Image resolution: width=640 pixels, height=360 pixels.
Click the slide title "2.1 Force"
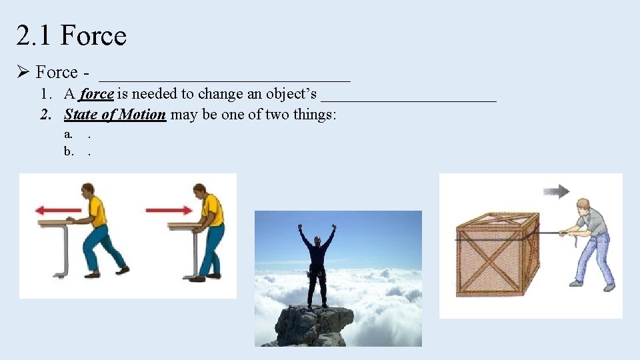coord(71,35)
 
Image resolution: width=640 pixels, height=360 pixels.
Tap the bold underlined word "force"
coord(97,94)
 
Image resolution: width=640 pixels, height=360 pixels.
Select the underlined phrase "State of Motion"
coord(115,115)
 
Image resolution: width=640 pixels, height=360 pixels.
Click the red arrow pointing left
coord(58,210)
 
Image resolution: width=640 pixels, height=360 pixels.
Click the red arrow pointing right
coord(168,210)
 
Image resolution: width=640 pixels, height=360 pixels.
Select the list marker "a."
coord(68,133)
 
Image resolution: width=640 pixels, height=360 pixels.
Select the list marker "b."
coord(68,151)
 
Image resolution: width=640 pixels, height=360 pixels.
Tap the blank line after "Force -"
coord(225,73)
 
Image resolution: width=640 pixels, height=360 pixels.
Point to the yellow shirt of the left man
coord(97,211)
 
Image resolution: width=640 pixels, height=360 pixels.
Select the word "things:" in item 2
coord(313,115)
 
